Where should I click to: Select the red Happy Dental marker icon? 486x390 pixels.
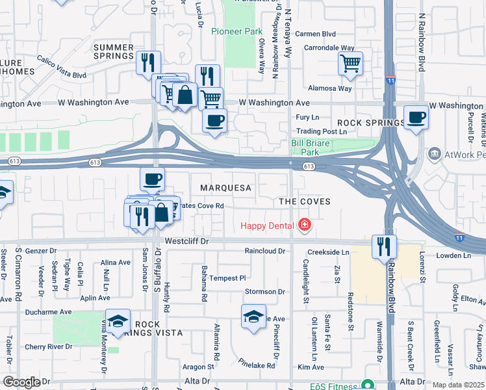point(303,226)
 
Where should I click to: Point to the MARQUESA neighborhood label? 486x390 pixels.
point(225,188)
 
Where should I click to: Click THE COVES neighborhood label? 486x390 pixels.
point(305,201)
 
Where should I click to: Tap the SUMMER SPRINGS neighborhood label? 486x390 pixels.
point(122,52)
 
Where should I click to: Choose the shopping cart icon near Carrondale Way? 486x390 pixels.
point(350,63)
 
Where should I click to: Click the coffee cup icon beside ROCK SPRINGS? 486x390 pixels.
point(416,117)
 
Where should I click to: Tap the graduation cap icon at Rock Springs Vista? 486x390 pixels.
point(118,321)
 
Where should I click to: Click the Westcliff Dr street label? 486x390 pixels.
point(189,240)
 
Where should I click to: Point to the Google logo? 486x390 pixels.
point(21,382)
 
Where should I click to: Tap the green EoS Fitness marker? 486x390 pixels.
point(368,385)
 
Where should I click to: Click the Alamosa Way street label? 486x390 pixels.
point(331,88)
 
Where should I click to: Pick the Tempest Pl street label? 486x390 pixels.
point(228,278)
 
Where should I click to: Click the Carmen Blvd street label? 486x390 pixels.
point(315,34)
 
